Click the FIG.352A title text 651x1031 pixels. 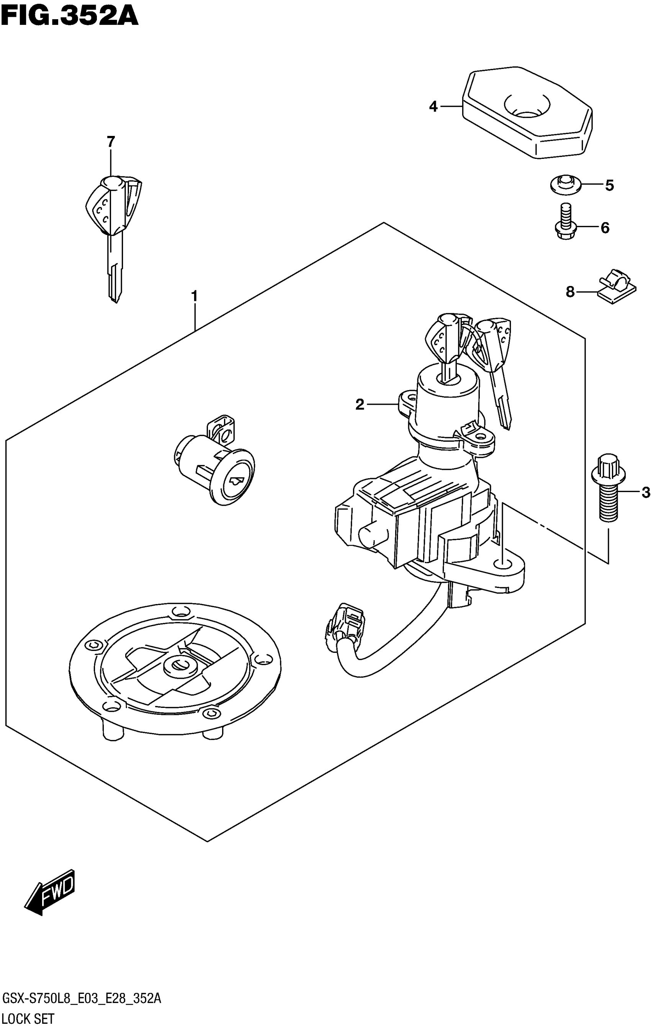69,16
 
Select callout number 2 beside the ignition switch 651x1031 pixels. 360,404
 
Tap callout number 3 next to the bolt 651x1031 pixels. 645,493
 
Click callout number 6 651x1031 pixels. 605,228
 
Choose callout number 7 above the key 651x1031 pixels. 111,141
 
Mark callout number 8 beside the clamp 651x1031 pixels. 570,292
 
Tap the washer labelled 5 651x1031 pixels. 565,185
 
